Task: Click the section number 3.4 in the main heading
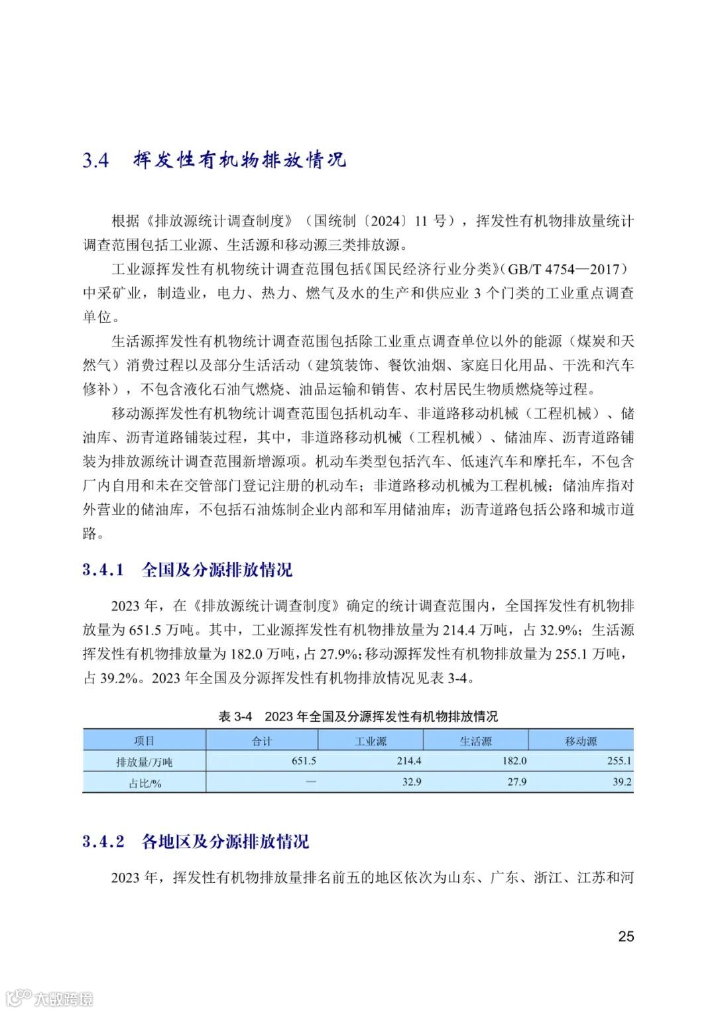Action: point(95,161)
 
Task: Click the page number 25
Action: point(626,936)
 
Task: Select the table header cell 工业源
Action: point(371,741)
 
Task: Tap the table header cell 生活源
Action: point(476,741)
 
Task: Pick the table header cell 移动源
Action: point(581,741)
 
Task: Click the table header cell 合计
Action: point(262,741)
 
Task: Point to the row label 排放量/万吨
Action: point(144,761)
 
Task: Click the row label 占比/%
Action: point(145,783)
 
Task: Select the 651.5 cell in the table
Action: point(304,761)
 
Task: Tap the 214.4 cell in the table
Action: point(409,761)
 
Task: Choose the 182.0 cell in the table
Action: point(514,761)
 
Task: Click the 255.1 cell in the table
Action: point(619,761)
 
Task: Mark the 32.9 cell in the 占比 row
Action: point(412,782)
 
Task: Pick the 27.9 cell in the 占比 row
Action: point(517,782)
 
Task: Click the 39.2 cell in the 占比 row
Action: point(622,782)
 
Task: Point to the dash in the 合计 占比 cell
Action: point(311,782)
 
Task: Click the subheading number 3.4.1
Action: point(103,570)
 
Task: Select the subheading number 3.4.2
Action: point(103,842)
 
